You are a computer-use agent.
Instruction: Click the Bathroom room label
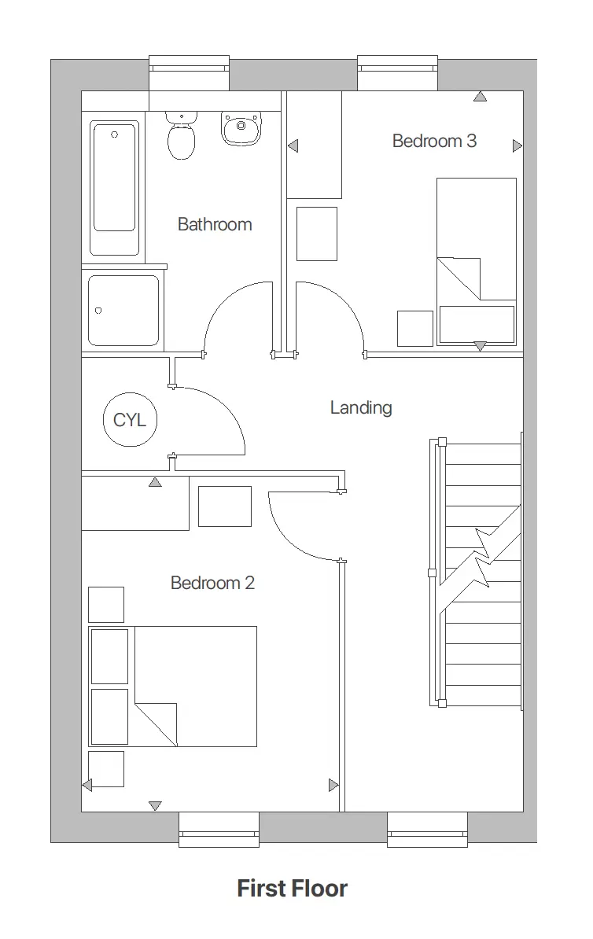coord(215,225)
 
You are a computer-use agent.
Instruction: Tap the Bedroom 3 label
coord(434,142)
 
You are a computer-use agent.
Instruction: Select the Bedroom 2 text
coord(212,584)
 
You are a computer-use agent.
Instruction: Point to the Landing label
coord(360,407)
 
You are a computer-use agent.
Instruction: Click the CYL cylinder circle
coord(130,420)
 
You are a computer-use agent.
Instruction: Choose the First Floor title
coord(292,889)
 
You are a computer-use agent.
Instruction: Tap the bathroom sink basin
coord(241,129)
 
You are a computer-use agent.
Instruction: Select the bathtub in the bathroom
coord(115,187)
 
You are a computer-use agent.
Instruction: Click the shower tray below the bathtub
coord(123,310)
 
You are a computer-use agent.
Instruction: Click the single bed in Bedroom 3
coord(477,260)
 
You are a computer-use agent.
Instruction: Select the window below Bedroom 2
coord(219,830)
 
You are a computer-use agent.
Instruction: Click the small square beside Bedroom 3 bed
coord(414,329)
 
